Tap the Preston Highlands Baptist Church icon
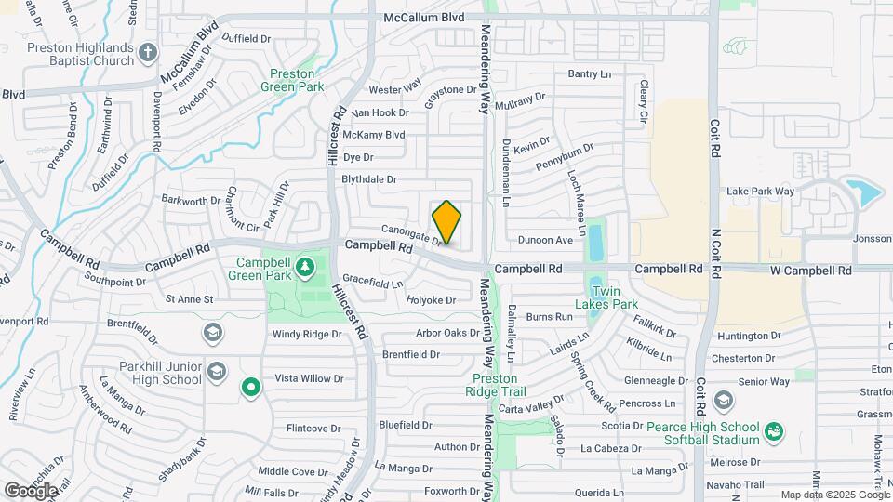pos(147,53)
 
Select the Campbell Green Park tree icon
pos(304,270)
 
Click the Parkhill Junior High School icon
pos(216,372)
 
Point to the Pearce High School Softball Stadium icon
pos(774,431)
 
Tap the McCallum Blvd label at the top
pos(424,17)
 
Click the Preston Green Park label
pos(297,80)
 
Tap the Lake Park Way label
pos(760,192)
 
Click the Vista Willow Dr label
pos(309,378)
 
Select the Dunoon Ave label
pos(545,240)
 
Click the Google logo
pos(31,490)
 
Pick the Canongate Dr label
pos(410,233)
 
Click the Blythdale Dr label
pos(369,179)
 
